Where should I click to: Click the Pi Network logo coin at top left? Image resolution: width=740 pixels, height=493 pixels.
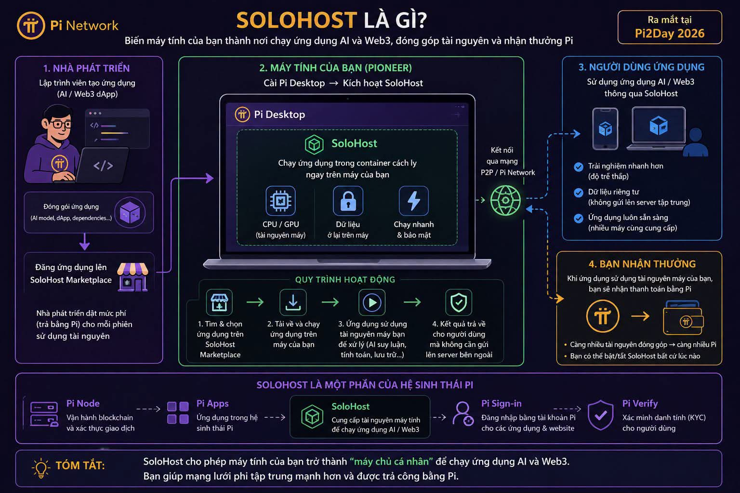(31, 26)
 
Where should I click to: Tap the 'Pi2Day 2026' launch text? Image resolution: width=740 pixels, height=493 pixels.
(670, 33)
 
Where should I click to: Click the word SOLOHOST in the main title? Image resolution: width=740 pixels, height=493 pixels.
(297, 21)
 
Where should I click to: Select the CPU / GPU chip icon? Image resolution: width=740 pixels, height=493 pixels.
(280, 201)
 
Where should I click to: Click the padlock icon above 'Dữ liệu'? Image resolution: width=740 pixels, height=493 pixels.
(348, 201)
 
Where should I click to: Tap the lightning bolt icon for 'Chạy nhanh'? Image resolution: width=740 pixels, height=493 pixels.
(414, 201)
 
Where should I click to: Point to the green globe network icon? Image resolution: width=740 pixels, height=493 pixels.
(505, 200)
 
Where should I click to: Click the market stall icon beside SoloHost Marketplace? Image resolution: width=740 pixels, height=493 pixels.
(132, 277)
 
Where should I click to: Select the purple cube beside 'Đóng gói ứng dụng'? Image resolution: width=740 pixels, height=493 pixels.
(130, 213)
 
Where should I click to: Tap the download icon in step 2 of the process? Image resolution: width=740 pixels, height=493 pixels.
(293, 302)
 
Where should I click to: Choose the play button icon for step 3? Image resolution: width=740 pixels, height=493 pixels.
(372, 302)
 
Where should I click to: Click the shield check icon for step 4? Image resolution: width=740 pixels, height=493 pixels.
(459, 302)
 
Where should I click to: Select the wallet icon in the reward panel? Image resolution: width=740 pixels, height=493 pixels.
(683, 317)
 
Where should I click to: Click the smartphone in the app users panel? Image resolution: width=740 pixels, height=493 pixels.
(605, 129)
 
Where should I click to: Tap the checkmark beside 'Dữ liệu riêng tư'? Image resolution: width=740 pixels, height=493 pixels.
(579, 193)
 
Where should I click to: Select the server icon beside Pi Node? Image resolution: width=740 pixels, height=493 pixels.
(44, 414)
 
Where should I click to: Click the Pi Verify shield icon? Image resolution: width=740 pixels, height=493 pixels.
(601, 415)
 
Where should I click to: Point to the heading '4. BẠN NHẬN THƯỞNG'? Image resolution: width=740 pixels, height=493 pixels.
(642, 264)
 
